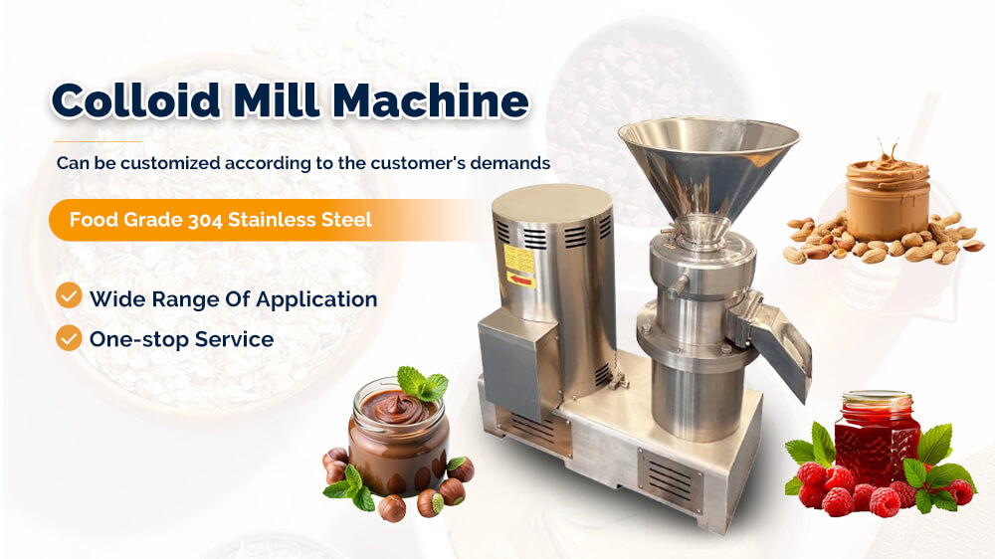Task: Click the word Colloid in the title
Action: tap(135, 100)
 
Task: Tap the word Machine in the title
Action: tap(430, 100)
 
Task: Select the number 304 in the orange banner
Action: tap(205, 220)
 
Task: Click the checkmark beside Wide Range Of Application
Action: tap(69, 295)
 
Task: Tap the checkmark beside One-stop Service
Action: tap(69, 338)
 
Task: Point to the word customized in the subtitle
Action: tap(170, 163)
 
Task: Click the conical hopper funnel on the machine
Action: tap(708, 165)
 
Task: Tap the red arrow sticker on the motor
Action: tap(521, 279)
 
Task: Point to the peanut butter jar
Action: tap(888, 197)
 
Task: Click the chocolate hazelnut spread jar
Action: tap(399, 438)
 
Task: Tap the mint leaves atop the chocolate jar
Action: tap(422, 383)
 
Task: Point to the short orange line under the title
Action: tap(98, 141)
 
